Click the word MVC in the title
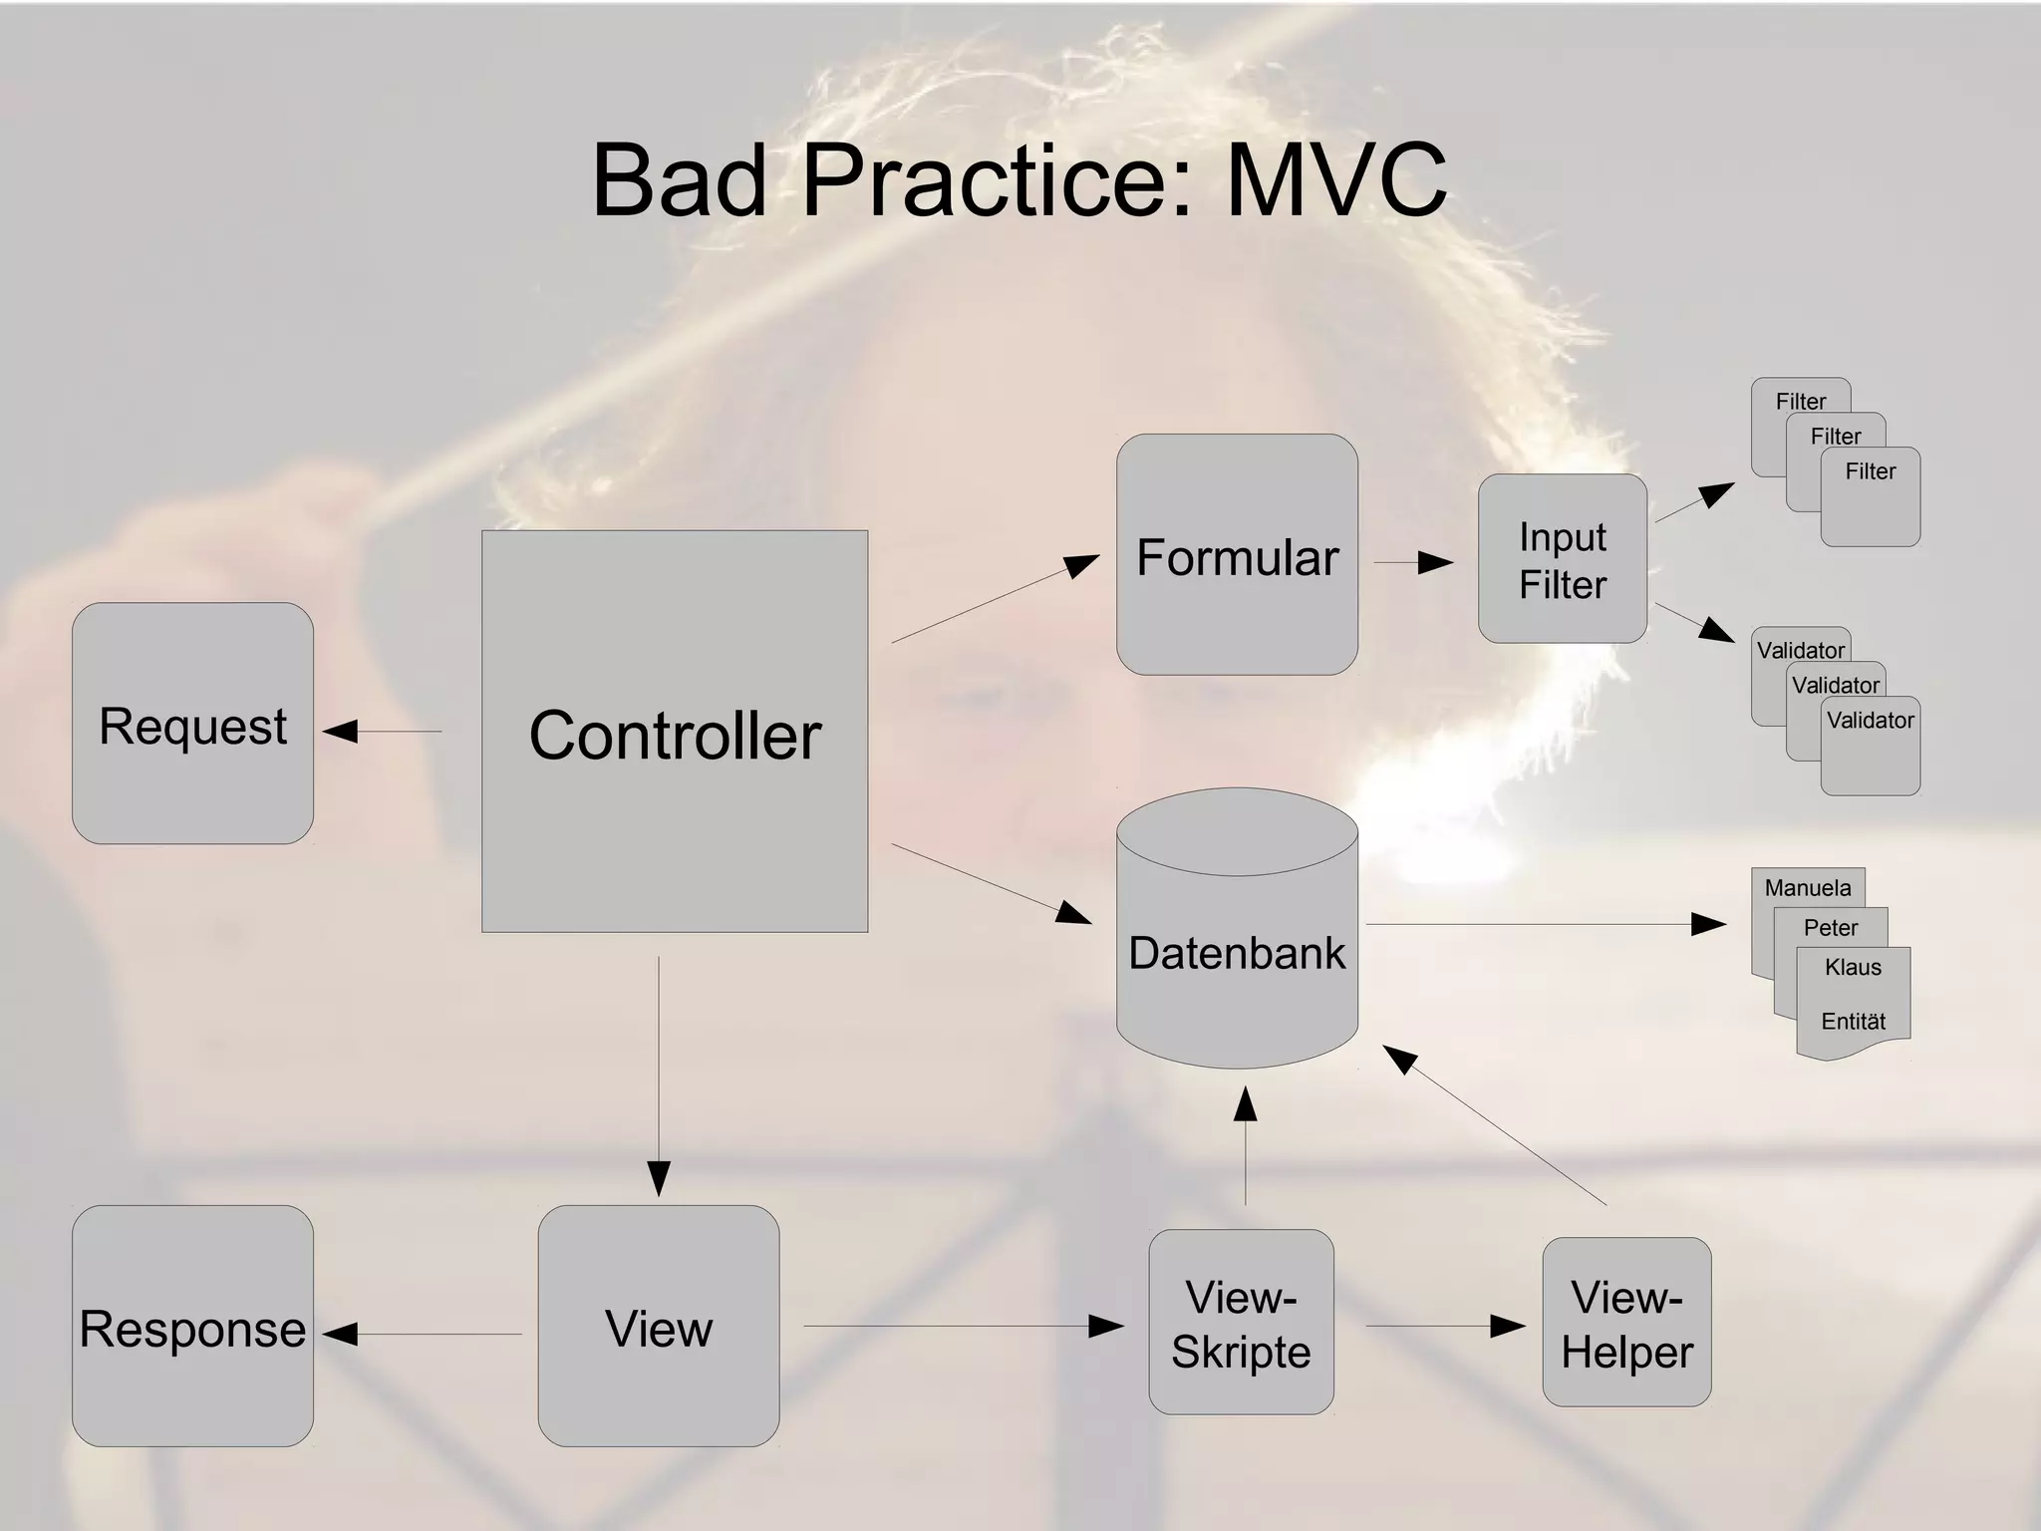[x=1335, y=181]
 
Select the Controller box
[x=675, y=732]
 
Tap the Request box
[x=192, y=724]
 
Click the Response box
[x=192, y=1327]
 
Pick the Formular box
[x=1237, y=554]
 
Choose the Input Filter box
[x=1562, y=559]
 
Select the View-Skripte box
[x=1241, y=1323]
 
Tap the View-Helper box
[x=1626, y=1323]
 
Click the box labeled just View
[x=658, y=1327]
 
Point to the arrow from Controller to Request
[x=383, y=732]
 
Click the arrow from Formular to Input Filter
[x=1413, y=563]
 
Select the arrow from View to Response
[x=423, y=1334]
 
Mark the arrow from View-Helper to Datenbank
[x=1495, y=1126]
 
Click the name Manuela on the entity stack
[x=1807, y=888]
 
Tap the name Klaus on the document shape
[x=1853, y=967]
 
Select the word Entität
[x=1853, y=1022]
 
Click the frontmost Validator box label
[x=1870, y=721]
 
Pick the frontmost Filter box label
[x=1870, y=471]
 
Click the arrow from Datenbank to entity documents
[x=1545, y=925]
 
